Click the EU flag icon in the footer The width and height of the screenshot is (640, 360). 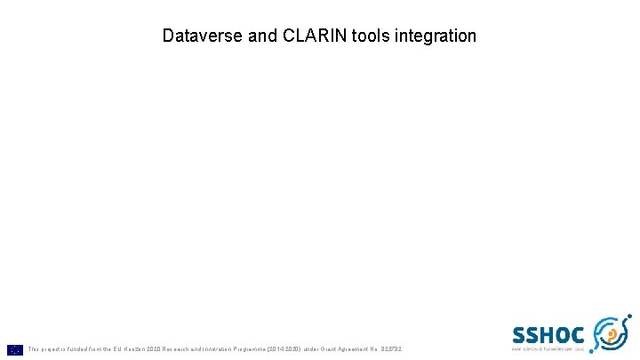pyautogui.click(x=15, y=349)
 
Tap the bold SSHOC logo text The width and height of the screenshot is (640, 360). pyautogui.click(x=548, y=335)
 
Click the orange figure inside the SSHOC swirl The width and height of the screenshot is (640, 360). pyautogui.click(x=612, y=335)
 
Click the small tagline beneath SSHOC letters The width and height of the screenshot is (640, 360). pyautogui.click(x=548, y=350)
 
